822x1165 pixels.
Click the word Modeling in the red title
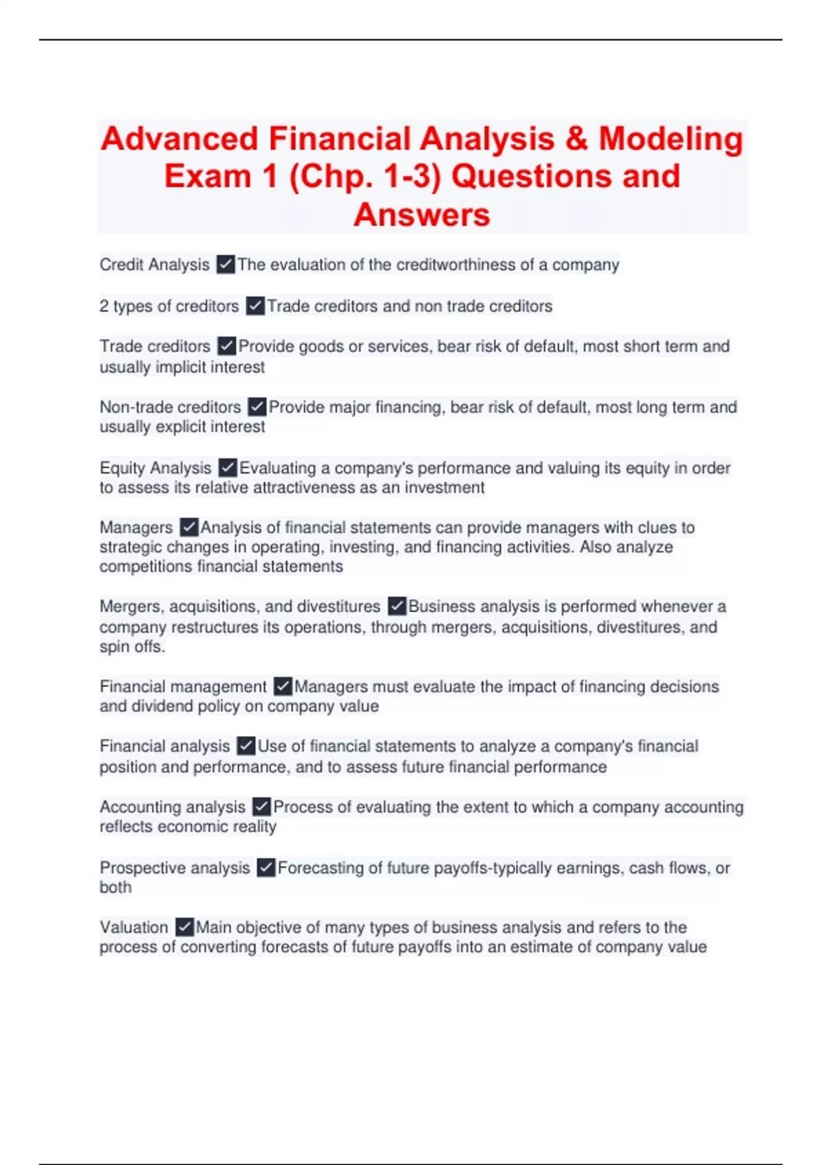pyautogui.click(x=671, y=139)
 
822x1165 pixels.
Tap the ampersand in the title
pyautogui.click(x=577, y=139)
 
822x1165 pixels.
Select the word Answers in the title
pyautogui.click(x=422, y=215)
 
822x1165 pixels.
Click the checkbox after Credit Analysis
pyautogui.click(x=225, y=265)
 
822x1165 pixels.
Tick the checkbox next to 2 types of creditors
pyautogui.click(x=255, y=306)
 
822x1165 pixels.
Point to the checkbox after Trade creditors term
pyautogui.click(x=226, y=346)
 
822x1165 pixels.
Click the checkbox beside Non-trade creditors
pyautogui.click(x=257, y=407)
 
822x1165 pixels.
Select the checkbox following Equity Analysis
pyautogui.click(x=227, y=468)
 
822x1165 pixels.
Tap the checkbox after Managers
pyautogui.click(x=188, y=528)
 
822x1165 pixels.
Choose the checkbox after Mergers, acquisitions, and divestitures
pyautogui.click(x=397, y=606)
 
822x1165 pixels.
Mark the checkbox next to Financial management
pyautogui.click(x=282, y=687)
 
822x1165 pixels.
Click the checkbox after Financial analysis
pyautogui.click(x=245, y=746)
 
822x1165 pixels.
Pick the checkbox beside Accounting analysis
pyautogui.click(x=261, y=807)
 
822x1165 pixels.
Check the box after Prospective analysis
pyautogui.click(x=266, y=868)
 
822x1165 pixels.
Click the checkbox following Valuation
pyautogui.click(x=184, y=928)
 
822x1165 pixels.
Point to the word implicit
pyautogui.click(x=181, y=367)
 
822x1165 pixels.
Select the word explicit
pyautogui.click(x=181, y=427)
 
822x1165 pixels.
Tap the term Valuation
pyautogui.click(x=134, y=928)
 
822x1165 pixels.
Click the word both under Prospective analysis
pyautogui.click(x=115, y=887)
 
